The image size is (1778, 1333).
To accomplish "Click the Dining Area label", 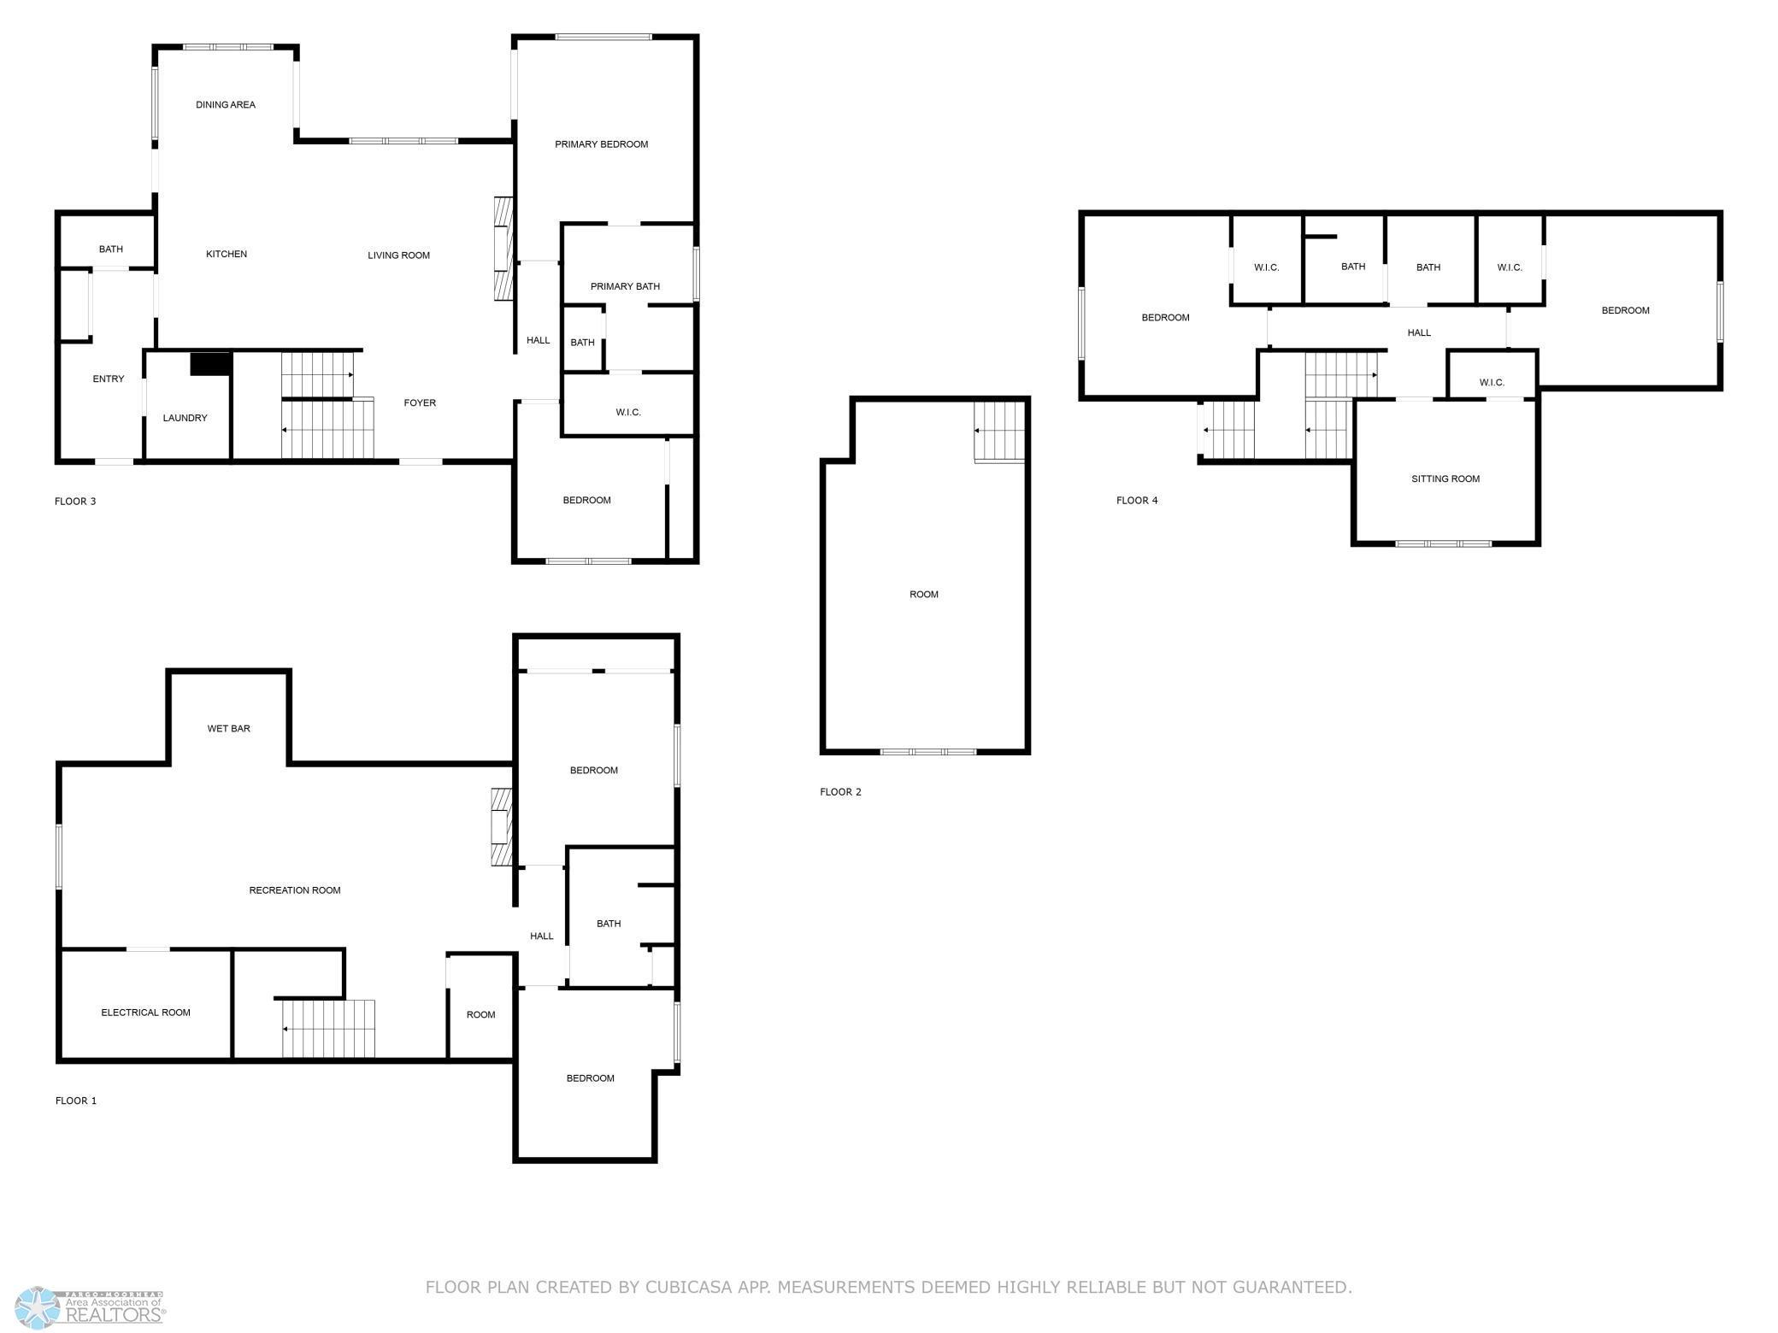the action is pyautogui.click(x=226, y=105).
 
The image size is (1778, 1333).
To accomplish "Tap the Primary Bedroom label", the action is pyautogui.click(x=602, y=144).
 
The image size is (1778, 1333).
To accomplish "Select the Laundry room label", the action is pyautogui.click(x=185, y=418).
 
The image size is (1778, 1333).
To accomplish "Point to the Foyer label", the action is pyautogui.click(x=420, y=402).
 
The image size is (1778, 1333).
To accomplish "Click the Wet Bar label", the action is pyautogui.click(x=229, y=729).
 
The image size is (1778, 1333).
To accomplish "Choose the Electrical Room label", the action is pyautogui.click(x=146, y=1013).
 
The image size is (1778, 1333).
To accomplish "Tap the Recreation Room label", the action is pyautogui.click(x=295, y=890).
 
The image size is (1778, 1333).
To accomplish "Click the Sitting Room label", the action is pyautogui.click(x=1445, y=479).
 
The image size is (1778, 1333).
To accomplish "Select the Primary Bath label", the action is pyautogui.click(x=625, y=286).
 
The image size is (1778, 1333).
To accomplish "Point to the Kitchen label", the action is pyautogui.click(x=227, y=254).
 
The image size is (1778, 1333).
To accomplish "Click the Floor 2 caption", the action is pyautogui.click(x=840, y=792).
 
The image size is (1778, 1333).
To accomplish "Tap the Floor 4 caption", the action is pyautogui.click(x=1137, y=501).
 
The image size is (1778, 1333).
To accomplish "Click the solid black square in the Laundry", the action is pyautogui.click(x=211, y=363).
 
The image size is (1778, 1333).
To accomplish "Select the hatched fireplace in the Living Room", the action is pyautogui.click(x=503, y=249).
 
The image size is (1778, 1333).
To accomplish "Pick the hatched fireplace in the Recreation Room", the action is pyautogui.click(x=501, y=827).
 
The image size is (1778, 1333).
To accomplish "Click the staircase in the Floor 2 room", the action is pyautogui.click(x=999, y=433).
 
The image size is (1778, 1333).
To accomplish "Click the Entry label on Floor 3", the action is pyautogui.click(x=109, y=379).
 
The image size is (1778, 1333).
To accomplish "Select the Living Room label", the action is pyautogui.click(x=399, y=255).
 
